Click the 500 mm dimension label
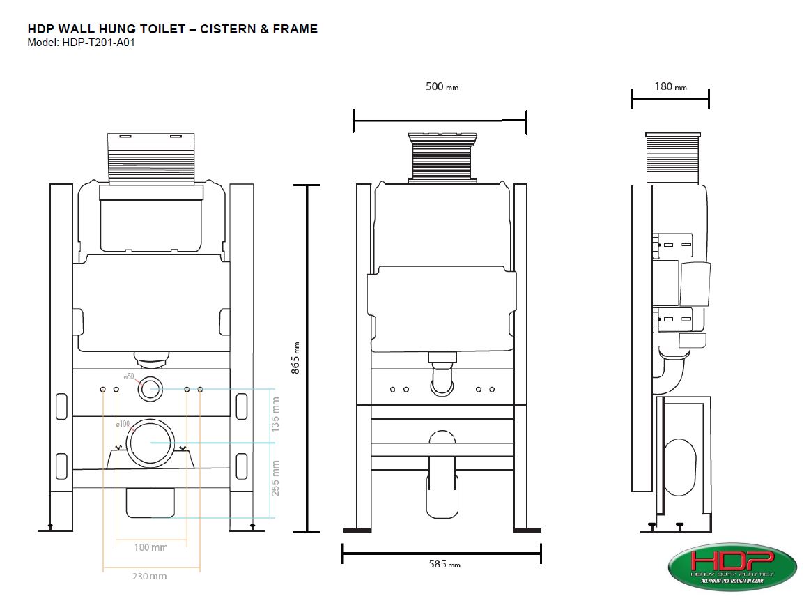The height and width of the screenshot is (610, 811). pyautogui.click(x=442, y=87)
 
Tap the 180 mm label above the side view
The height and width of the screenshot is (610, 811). pyautogui.click(x=670, y=86)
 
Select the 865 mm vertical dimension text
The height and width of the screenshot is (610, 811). pyautogui.click(x=295, y=359)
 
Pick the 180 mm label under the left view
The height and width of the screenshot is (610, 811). pyautogui.click(x=150, y=547)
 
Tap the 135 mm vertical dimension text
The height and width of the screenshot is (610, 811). pyautogui.click(x=276, y=413)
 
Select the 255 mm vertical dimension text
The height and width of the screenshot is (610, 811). pyautogui.click(x=276, y=477)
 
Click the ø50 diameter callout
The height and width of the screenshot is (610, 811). pyautogui.click(x=129, y=376)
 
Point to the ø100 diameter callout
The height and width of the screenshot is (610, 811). pyautogui.click(x=123, y=424)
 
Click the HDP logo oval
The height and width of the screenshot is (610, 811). pyautogui.click(x=732, y=567)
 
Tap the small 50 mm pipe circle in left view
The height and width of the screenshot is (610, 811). pyautogui.click(x=150, y=389)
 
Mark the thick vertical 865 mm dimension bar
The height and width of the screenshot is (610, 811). pyautogui.click(x=307, y=358)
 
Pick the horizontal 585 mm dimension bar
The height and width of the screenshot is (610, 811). pyautogui.click(x=442, y=554)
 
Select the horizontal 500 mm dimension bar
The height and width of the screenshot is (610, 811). pyautogui.click(x=440, y=121)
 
